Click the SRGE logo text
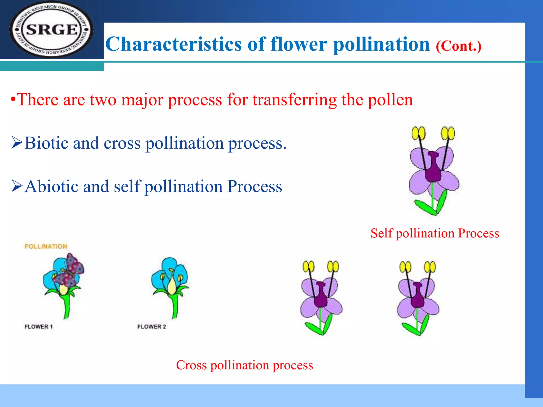52,29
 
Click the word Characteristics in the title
173,44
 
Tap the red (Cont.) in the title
458,46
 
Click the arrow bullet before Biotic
17,142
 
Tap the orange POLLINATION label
46,246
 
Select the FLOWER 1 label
38,327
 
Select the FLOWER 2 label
151,327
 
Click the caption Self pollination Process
435,233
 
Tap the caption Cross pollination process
244,365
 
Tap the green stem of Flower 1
66,307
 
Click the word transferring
294,100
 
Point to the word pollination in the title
381,44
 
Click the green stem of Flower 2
175,307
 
